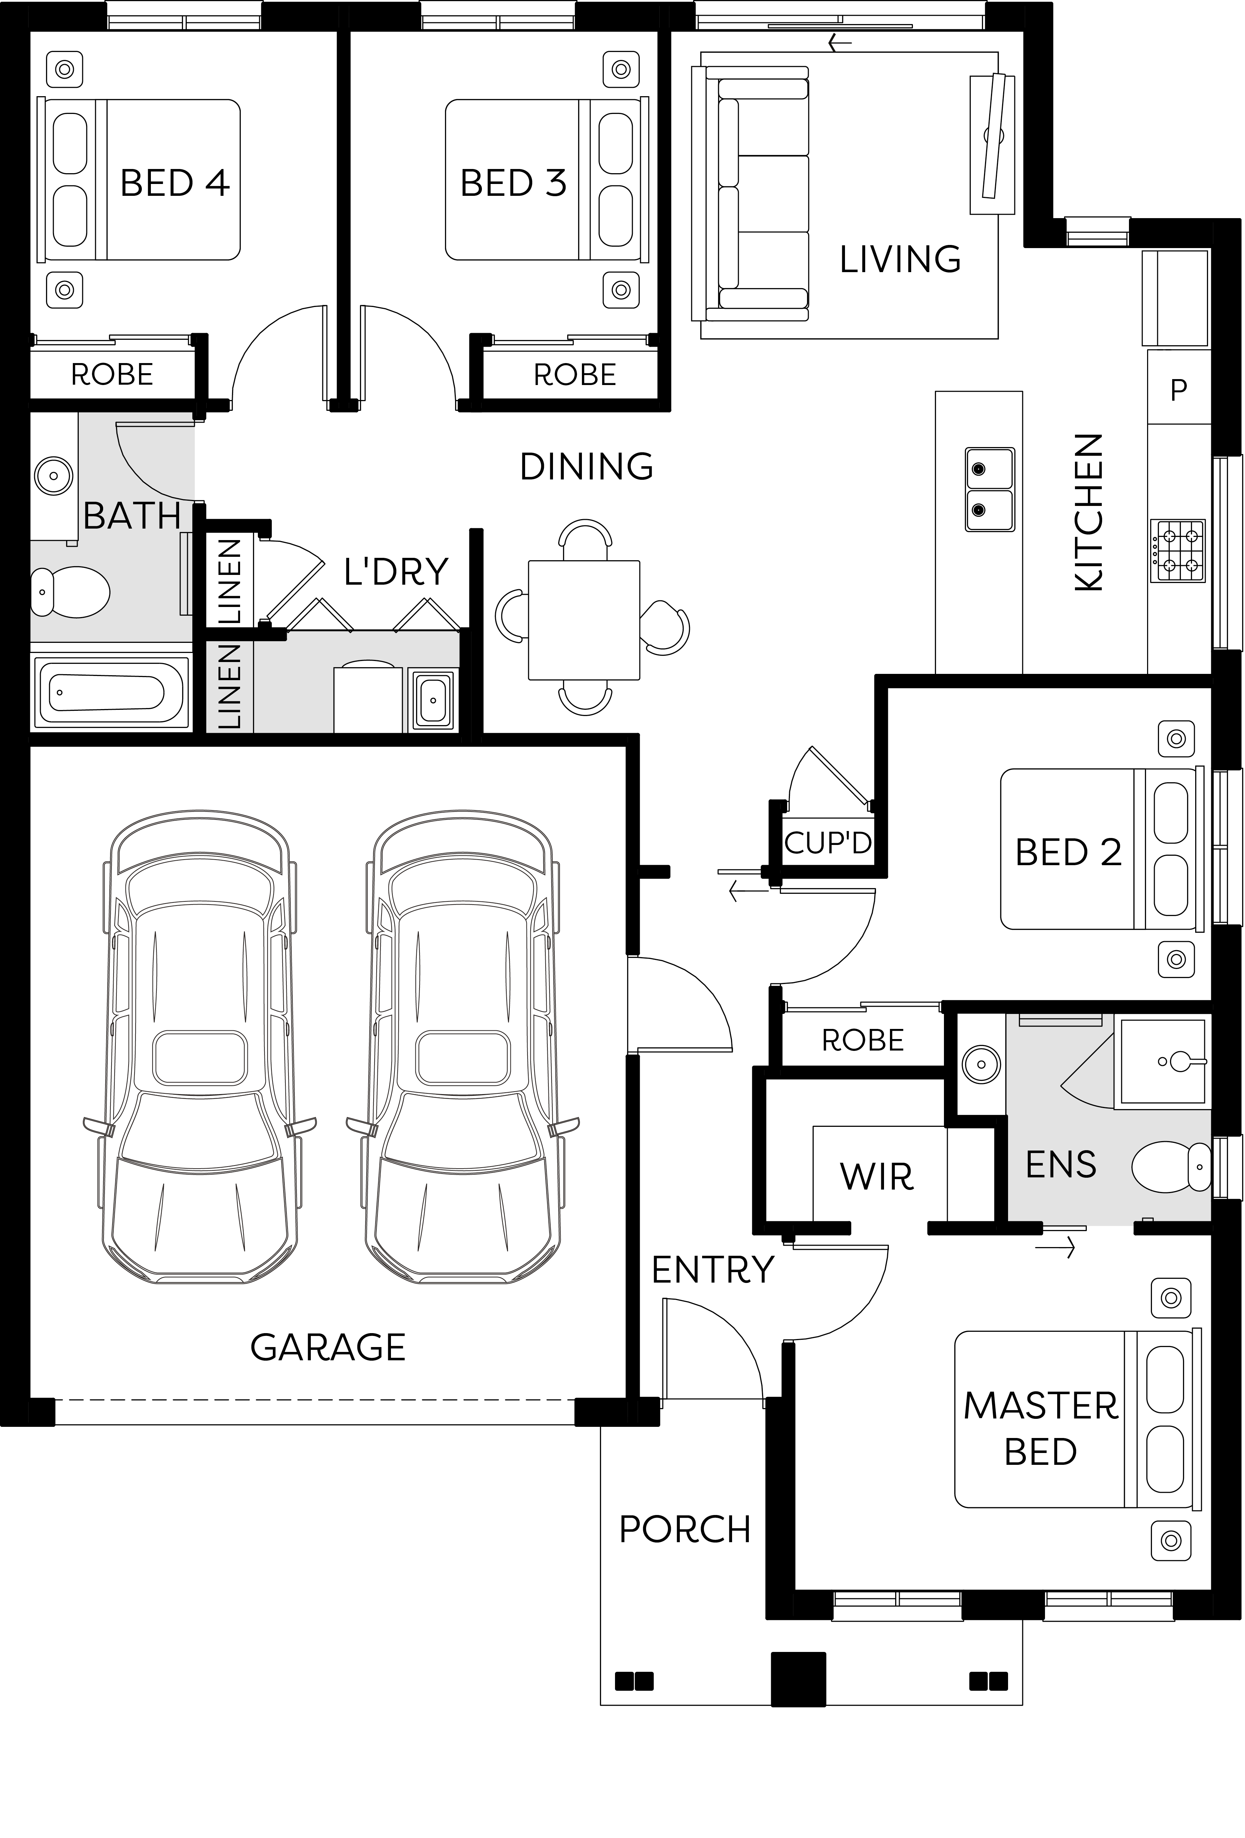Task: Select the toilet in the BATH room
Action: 70,591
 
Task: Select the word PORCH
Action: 685,1530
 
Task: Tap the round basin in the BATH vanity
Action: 54,476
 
